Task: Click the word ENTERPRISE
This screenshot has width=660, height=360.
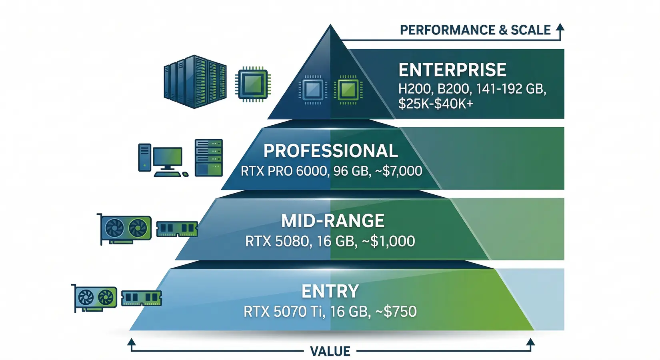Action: (x=452, y=70)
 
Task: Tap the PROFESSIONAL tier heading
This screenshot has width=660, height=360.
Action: (x=330, y=151)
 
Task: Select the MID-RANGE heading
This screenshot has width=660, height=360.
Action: (x=332, y=221)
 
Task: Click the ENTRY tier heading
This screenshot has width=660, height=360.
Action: (x=330, y=291)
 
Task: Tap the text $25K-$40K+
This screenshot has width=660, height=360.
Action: (x=436, y=104)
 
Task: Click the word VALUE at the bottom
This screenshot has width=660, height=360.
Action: (x=330, y=352)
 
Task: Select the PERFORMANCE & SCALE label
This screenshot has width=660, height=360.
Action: (x=475, y=30)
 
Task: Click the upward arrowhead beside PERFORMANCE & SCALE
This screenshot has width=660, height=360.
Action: (x=560, y=28)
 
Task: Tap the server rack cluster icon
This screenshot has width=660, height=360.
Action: (x=195, y=82)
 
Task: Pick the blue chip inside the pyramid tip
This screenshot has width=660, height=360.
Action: (x=312, y=90)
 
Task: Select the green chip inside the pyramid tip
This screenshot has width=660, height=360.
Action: (x=348, y=90)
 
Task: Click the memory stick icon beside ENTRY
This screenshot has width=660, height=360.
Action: (x=141, y=298)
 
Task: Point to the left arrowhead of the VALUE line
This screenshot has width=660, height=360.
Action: (x=131, y=342)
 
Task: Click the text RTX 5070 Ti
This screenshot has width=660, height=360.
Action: (x=284, y=312)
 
